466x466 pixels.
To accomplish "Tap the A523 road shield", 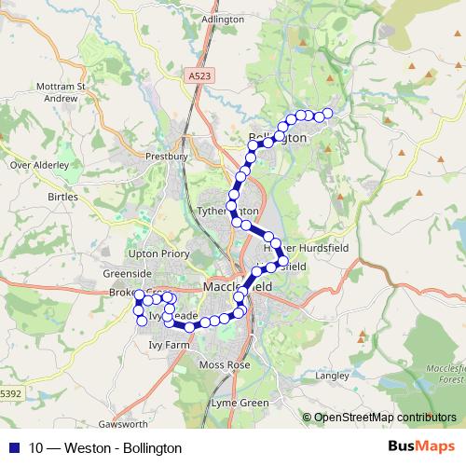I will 197,75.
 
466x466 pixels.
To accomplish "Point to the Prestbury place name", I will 168,157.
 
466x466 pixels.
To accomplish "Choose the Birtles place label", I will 62,198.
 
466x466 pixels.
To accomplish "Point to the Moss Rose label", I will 226,364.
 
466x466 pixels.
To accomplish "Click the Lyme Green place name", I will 240,403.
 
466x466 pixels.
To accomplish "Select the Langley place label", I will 332,377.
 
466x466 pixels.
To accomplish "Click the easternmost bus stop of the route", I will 327,115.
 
